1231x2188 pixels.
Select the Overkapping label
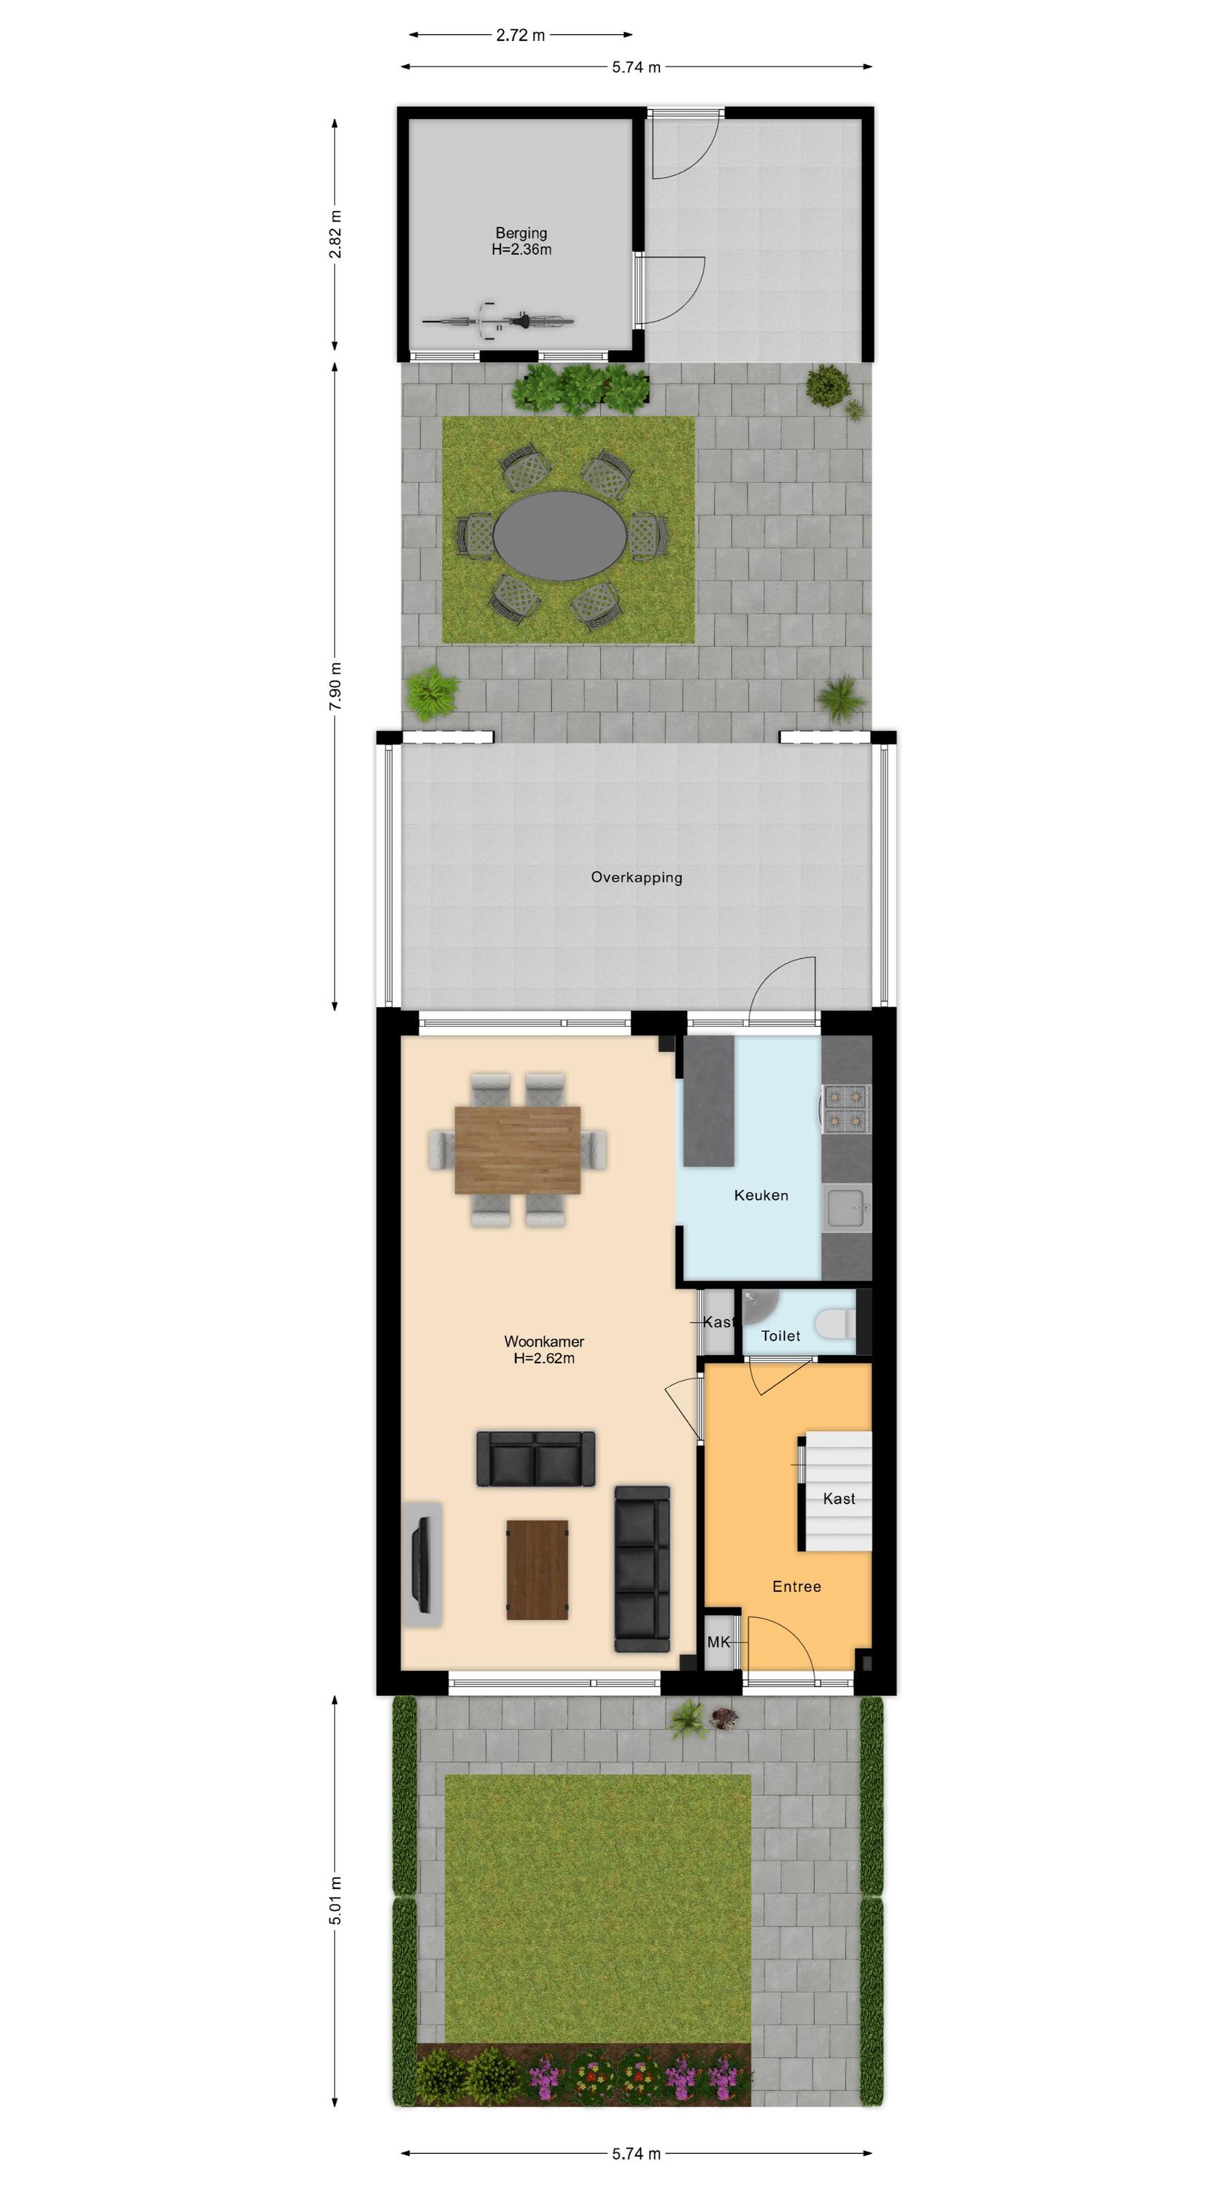637,877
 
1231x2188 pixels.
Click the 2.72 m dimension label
520,35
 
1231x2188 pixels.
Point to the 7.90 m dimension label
335,686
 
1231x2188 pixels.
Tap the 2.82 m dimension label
335,233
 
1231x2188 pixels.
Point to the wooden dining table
517,1149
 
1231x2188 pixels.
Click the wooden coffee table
537,1570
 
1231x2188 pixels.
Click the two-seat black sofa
535,1459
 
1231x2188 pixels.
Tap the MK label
719,1642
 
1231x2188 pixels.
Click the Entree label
796,1586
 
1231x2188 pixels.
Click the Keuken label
761,1195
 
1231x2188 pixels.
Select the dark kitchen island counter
710,1101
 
